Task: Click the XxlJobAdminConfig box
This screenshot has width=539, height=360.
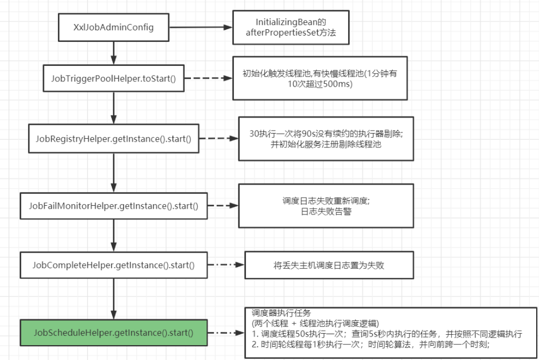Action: point(114,28)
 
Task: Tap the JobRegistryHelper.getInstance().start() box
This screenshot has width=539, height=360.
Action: point(114,139)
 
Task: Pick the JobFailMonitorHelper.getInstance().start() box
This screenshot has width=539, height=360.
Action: point(114,205)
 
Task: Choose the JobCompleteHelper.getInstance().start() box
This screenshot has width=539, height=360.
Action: point(114,265)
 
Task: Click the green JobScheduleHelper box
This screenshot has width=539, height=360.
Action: point(114,332)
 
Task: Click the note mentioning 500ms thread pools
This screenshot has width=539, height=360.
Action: point(319,79)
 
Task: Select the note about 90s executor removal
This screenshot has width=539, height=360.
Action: point(325,139)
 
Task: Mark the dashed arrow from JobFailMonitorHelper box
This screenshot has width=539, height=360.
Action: point(220,205)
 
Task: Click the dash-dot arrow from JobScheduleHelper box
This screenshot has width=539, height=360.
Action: point(226,332)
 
